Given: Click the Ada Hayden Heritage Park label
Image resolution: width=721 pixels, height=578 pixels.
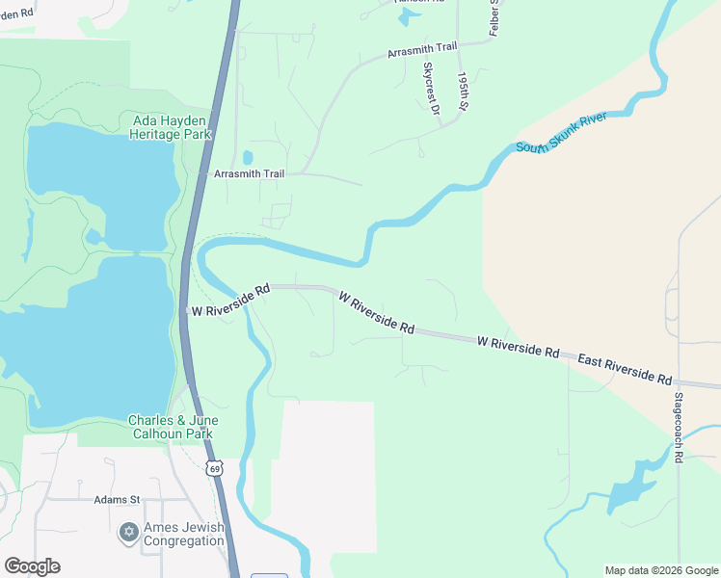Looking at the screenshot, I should [170, 127].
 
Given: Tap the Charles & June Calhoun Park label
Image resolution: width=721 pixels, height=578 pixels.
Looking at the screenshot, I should [174, 427].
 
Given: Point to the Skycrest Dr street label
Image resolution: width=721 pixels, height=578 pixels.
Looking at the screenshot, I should [430, 90].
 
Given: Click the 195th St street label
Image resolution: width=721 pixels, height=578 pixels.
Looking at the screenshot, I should [463, 91].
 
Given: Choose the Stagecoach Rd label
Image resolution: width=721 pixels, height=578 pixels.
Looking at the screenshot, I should [678, 429].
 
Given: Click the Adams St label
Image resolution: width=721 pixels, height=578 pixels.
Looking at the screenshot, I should [117, 500].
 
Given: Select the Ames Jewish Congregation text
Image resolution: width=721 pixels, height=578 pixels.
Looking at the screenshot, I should [184, 534].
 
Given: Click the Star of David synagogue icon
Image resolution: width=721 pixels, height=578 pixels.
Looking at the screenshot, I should [127, 532].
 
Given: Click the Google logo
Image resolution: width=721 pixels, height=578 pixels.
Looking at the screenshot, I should [32, 566].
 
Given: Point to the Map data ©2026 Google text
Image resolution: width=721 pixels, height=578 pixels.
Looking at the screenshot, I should [660, 570].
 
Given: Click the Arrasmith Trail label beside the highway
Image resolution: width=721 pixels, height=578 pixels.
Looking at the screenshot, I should [249, 174].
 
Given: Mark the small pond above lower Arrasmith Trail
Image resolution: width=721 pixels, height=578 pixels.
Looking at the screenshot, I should [248, 157].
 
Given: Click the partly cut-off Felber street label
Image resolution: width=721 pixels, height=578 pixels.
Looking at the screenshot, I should [494, 17].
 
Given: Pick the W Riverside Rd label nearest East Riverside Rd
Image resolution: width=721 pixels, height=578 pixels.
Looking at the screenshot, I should [519, 347].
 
